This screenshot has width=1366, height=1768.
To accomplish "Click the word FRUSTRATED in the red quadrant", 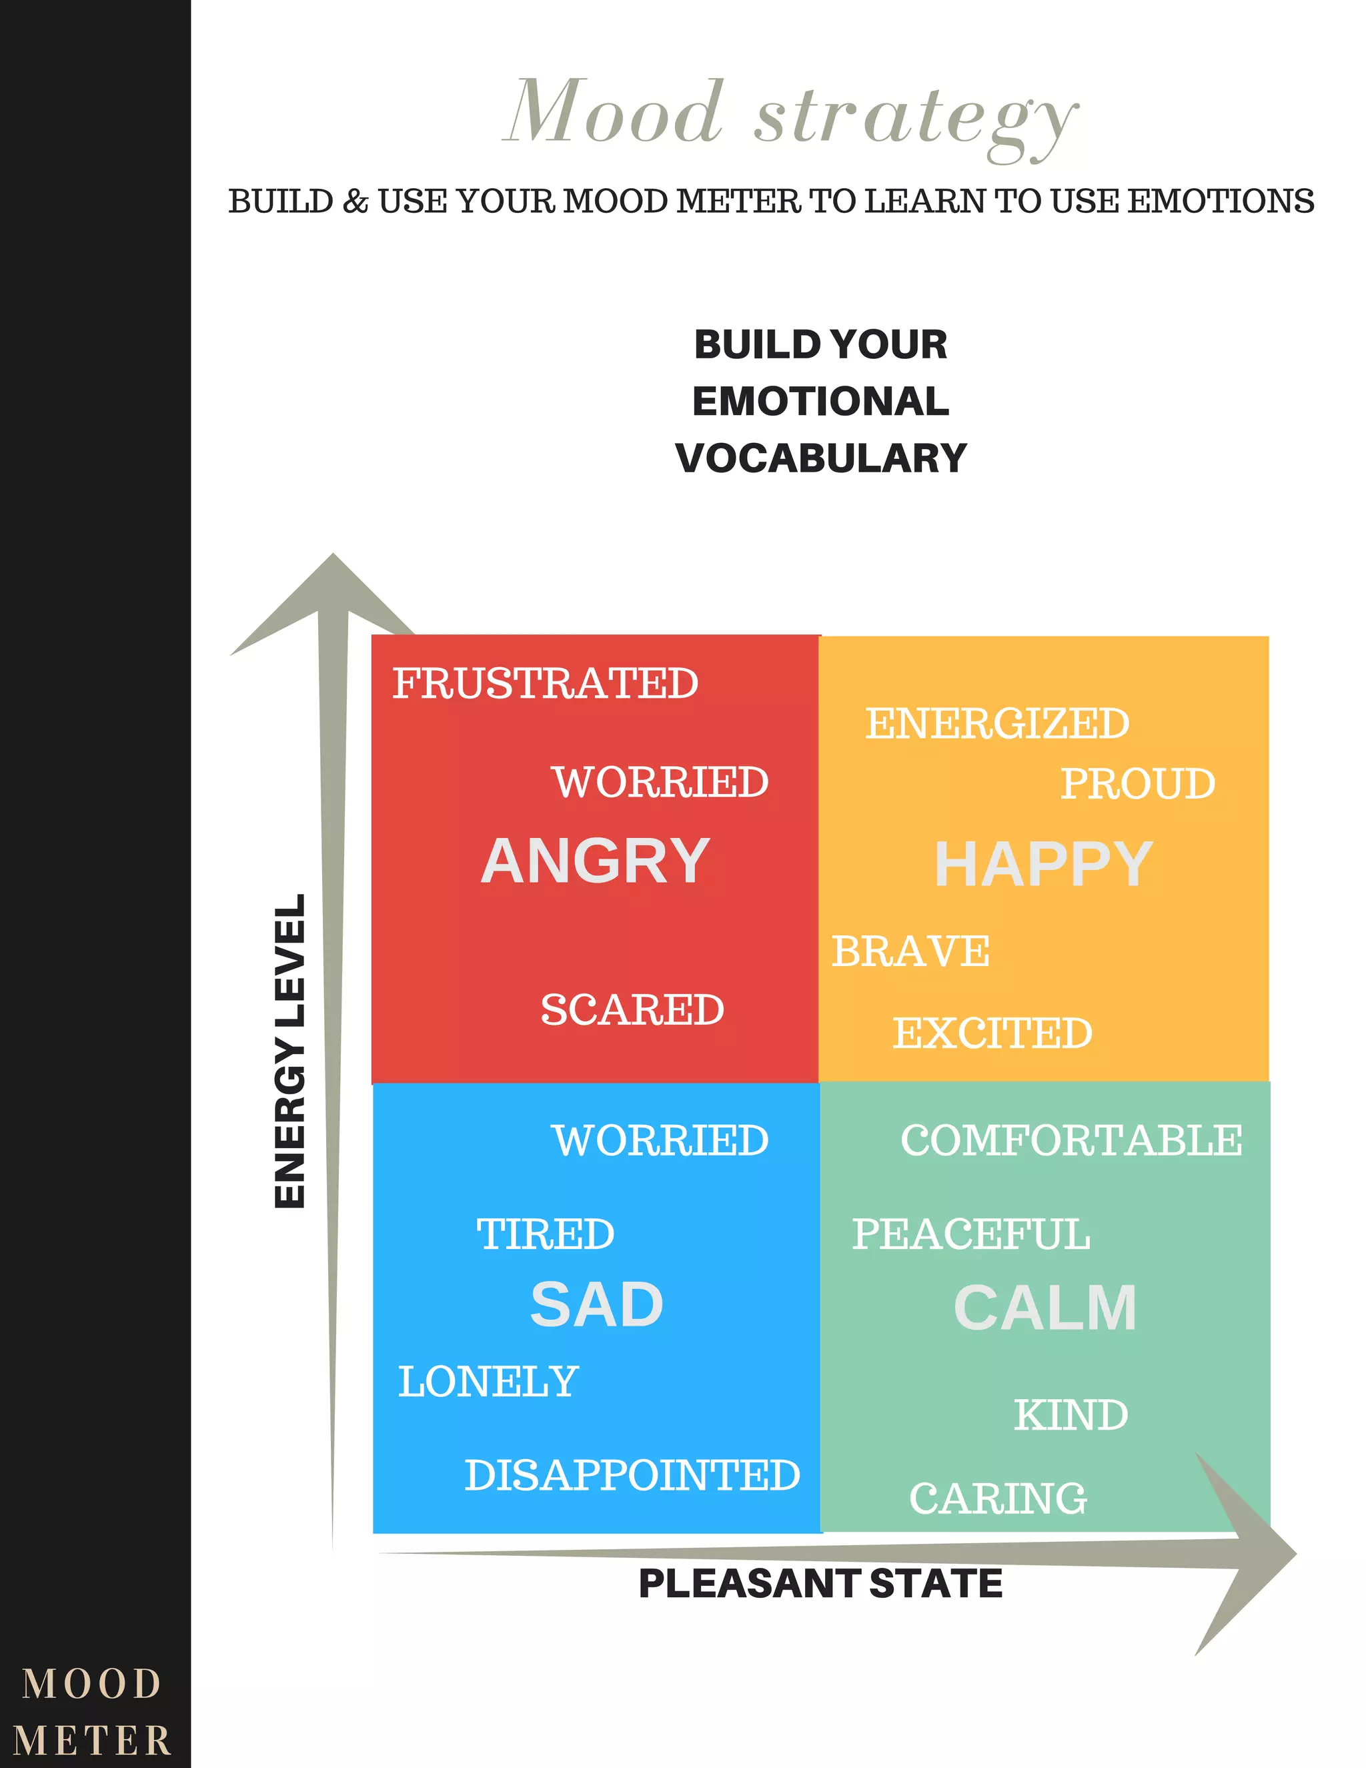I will [x=546, y=683].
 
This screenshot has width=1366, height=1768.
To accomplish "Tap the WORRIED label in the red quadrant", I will [x=660, y=782].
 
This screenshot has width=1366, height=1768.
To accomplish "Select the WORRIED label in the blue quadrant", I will [x=660, y=1141].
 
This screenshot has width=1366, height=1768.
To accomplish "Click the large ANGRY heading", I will [x=596, y=861].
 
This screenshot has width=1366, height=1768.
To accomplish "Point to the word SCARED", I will [x=632, y=1009].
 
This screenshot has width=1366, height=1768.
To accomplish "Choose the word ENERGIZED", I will [x=997, y=724].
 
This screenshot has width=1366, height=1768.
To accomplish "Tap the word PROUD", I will [x=1138, y=784].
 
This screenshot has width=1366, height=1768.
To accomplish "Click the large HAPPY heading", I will [x=1043, y=865].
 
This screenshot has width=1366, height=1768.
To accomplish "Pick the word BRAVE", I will [x=910, y=951].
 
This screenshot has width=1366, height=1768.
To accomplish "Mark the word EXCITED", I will [x=992, y=1033].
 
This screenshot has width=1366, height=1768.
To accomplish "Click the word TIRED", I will [x=546, y=1234].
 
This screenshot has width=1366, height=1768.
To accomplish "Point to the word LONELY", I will [x=488, y=1381].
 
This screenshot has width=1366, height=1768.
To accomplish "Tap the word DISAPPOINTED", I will [x=632, y=1475].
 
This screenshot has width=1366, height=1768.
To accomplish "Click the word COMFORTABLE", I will [x=1071, y=1141].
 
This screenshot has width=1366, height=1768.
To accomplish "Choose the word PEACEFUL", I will [x=971, y=1234].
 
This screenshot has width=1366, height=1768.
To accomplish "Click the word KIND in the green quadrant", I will [x=1071, y=1415].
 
